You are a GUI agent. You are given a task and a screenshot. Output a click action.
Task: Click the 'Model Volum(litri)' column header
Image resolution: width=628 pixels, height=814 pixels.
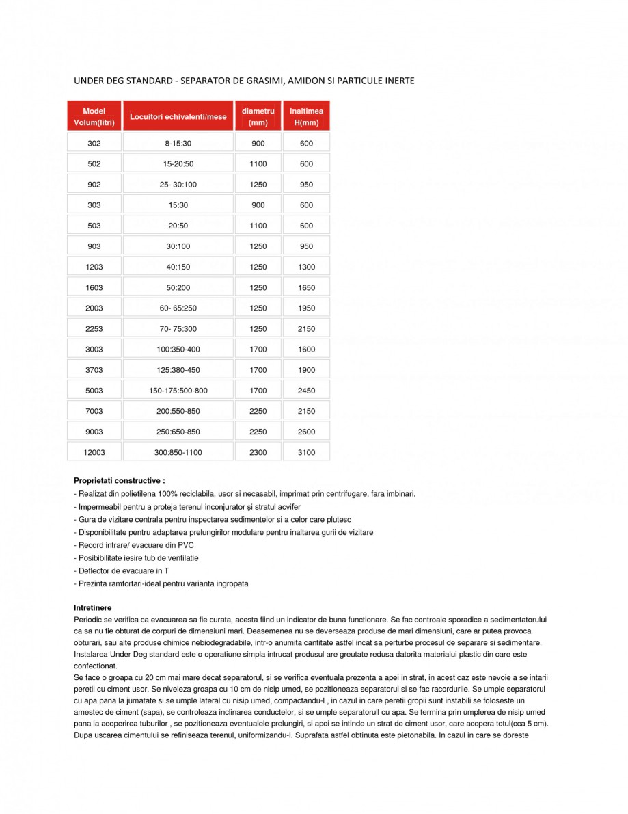[94, 116]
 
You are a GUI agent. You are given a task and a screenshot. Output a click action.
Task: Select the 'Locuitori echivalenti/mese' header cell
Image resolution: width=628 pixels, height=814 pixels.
[178, 116]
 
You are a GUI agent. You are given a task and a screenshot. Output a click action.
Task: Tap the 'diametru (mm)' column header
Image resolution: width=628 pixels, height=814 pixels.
[258, 116]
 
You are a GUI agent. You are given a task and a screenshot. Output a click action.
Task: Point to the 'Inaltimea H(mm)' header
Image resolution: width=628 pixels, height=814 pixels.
[306, 116]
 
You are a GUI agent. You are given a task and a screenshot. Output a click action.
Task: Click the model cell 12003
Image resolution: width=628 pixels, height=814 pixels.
[94, 452]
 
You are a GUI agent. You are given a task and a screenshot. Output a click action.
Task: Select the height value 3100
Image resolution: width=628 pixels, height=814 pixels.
[306, 452]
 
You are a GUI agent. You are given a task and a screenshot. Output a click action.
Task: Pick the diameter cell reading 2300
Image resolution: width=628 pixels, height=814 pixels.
[258, 452]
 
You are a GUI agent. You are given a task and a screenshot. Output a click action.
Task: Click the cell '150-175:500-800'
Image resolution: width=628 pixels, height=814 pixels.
[178, 391]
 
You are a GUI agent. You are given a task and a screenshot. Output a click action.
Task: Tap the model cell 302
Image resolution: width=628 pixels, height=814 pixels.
[94, 143]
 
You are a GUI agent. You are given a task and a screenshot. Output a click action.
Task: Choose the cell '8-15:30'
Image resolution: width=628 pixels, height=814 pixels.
[178, 143]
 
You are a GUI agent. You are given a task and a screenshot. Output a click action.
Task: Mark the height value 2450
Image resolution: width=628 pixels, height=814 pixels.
[306, 391]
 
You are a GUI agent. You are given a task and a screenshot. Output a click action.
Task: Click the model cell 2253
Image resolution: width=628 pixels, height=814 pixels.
[94, 329]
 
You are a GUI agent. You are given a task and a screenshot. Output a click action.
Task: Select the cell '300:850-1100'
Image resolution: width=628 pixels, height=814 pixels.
[178, 452]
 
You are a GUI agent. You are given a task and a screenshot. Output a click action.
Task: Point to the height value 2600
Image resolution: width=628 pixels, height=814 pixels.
[306, 432]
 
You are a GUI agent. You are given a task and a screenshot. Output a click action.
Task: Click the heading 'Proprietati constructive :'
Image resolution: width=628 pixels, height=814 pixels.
[119, 481]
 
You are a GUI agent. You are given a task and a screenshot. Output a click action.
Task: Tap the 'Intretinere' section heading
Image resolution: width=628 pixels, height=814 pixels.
[92, 607]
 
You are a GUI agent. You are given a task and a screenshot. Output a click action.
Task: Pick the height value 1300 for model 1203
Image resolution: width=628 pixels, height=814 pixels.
[306, 267]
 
